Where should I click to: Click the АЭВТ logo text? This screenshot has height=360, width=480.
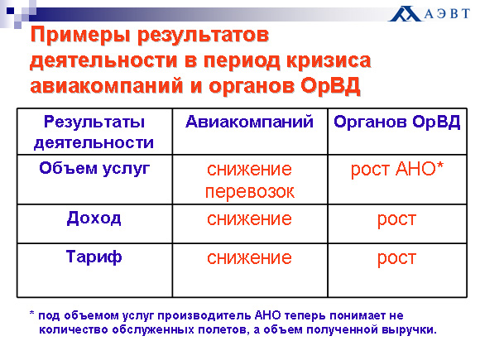pos(447,14)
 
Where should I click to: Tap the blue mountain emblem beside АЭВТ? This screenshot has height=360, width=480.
pos(406,14)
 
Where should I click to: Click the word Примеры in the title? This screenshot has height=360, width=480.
pos(81,36)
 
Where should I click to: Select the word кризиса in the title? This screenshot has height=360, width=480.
pos(329,60)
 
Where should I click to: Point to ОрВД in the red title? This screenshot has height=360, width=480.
pos(330,85)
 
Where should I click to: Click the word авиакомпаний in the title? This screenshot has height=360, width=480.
pos(107,86)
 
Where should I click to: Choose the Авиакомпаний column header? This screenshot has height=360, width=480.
pos(249,122)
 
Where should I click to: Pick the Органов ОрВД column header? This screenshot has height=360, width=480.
pos(397,122)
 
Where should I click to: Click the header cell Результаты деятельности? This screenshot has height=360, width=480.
pos(94,132)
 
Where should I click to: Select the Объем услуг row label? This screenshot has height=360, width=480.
pos(94,169)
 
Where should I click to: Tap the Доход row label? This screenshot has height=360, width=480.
pos(94,218)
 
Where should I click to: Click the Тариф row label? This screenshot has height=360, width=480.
pos(94,257)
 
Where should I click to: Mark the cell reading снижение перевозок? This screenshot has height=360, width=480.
pos(249,180)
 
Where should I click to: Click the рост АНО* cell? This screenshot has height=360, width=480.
pos(397,169)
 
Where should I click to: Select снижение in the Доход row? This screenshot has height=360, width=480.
pos(249,219)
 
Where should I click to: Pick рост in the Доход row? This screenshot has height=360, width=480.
pos(396,220)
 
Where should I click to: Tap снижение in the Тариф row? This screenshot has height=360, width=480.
pos(249,258)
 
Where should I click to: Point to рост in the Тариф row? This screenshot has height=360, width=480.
pos(396,259)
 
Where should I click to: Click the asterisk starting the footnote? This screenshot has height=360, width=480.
pos(31,314)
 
